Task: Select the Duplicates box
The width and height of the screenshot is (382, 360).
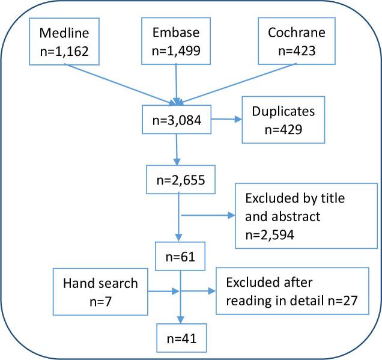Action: [x=283, y=120]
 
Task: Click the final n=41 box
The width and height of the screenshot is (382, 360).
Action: [x=180, y=338]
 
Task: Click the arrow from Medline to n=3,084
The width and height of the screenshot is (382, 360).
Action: [x=120, y=82]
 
